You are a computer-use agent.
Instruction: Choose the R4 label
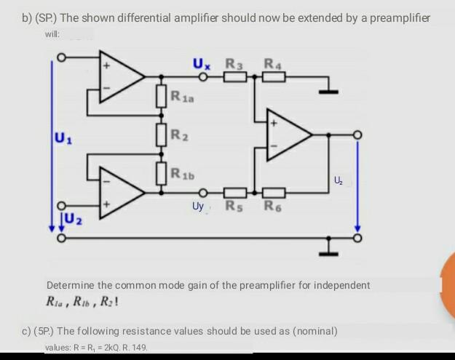pos(275,64)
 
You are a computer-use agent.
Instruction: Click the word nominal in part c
pos(314,331)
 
